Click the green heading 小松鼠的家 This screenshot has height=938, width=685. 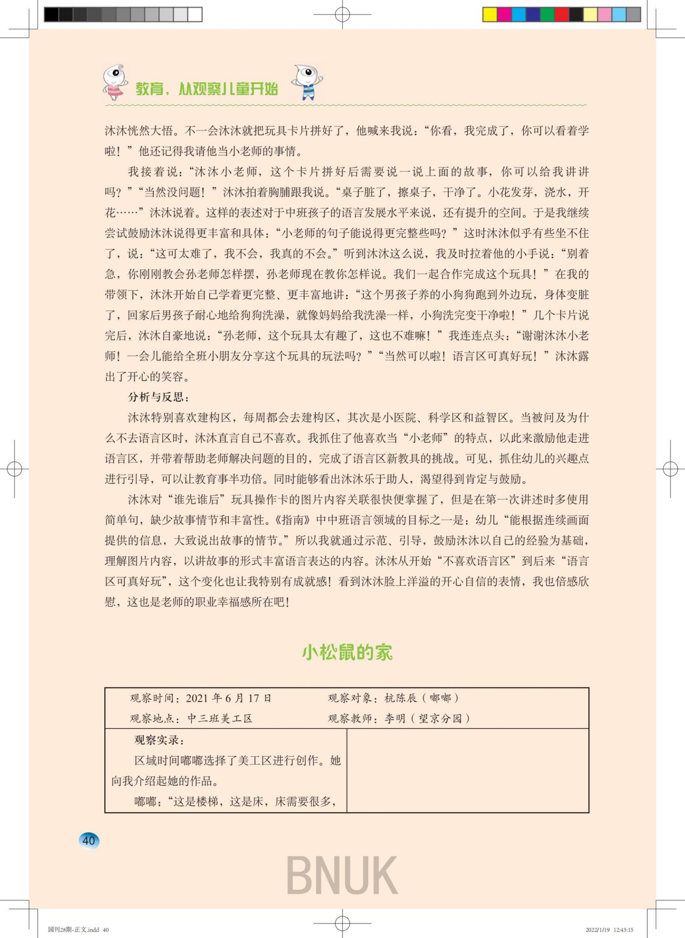tap(347, 652)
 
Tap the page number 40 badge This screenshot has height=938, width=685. tap(89, 840)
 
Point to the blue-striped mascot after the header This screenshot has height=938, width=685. tap(307, 82)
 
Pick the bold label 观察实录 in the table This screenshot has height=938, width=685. tap(159, 740)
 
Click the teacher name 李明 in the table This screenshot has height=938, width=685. tap(395, 719)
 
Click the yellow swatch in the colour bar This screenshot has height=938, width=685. tap(490, 15)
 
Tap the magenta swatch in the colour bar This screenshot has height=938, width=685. tap(504, 15)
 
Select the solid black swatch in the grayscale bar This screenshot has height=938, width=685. tap(51, 15)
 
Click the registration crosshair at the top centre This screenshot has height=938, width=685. tap(342, 15)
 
